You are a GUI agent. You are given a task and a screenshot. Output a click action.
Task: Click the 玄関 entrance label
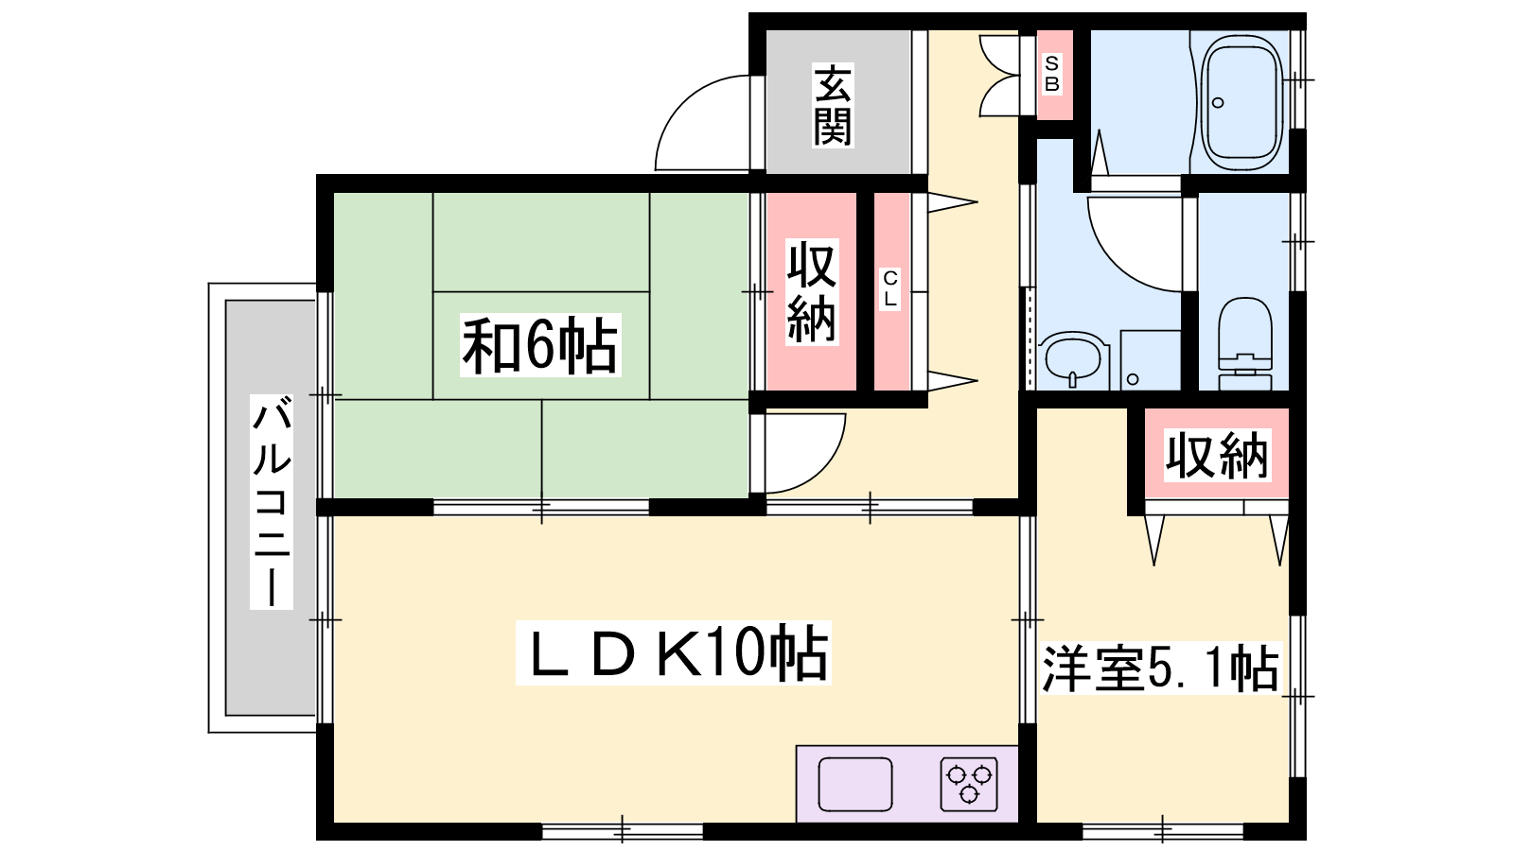[x=833, y=105]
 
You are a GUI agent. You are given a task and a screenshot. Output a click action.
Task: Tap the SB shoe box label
[x=1051, y=74]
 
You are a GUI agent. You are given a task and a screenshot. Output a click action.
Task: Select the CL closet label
[x=890, y=288]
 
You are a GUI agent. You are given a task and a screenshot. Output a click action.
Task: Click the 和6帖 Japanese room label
[x=540, y=345]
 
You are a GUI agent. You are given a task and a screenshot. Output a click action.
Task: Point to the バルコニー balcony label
[x=272, y=502]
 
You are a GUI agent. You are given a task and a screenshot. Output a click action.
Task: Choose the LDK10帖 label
[x=673, y=653]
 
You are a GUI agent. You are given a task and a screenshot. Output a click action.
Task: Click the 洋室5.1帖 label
[x=1161, y=669]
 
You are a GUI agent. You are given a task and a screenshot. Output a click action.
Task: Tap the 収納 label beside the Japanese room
[x=812, y=292]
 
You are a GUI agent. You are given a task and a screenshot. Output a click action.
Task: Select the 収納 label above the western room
[x=1217, y=456]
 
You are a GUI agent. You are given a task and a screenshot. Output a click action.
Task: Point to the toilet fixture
[x=1244, y=344]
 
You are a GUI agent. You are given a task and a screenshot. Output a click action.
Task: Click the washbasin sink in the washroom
[x=1073, y=359]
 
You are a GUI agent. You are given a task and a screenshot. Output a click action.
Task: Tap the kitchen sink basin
[x=855, y=784]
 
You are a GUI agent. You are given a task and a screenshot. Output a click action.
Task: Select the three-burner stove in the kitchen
[x=969, y=784]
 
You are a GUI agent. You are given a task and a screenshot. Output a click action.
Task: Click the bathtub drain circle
[x=1218, y=103]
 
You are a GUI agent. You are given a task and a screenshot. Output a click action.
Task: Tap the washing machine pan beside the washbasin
[x=1151, y=360]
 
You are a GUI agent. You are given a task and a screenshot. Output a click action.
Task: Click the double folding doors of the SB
[x=999, y=76]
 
